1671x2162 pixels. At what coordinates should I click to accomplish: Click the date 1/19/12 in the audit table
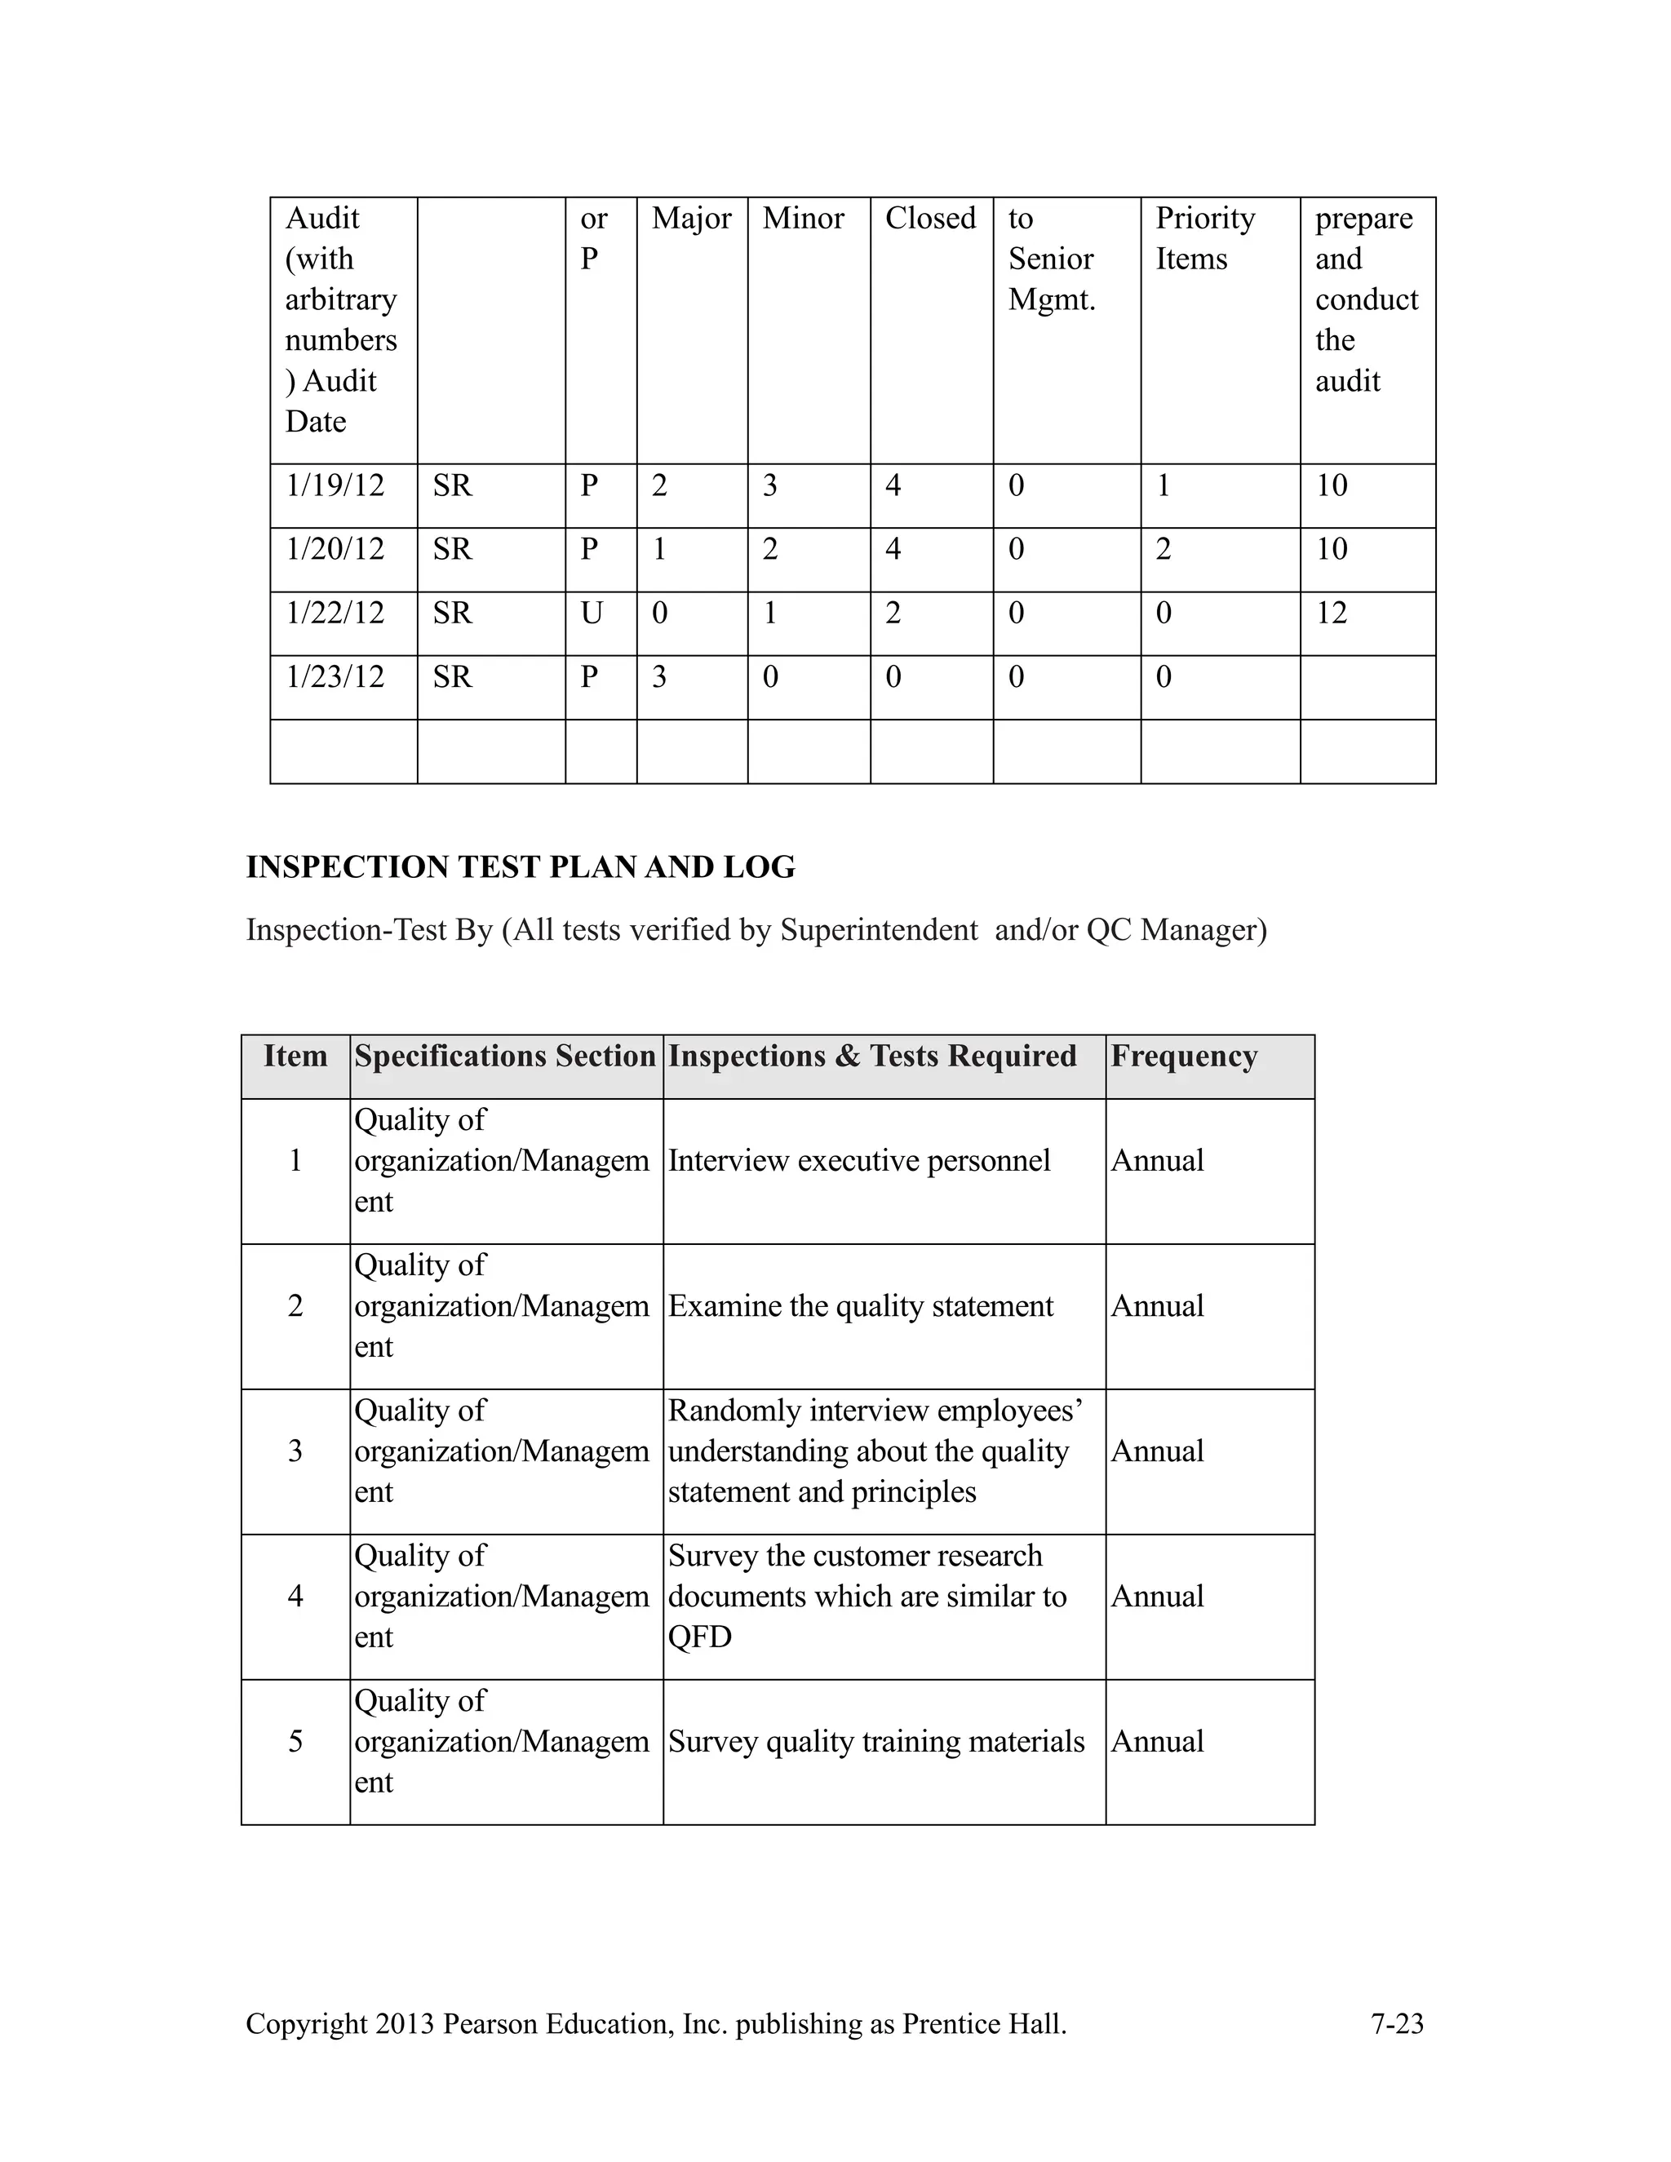point(335,486)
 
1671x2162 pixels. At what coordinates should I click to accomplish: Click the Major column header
point(691,219)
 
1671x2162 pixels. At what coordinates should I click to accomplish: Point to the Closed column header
point(929,219)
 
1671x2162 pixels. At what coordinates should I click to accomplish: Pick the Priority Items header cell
point(1205,238)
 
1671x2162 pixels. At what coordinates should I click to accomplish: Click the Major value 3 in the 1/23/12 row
point(659,678)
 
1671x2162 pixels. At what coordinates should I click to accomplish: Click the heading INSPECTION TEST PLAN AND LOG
point(520,867)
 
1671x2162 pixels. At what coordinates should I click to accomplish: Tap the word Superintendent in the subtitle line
point(878,931)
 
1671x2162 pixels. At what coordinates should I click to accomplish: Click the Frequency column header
point(1183,1057)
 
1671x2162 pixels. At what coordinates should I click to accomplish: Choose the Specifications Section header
point(505,1057)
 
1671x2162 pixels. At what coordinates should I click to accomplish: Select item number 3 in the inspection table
point(295,1451)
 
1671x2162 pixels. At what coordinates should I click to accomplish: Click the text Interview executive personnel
point(858,1161)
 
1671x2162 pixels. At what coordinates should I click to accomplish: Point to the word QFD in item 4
point(699,1637)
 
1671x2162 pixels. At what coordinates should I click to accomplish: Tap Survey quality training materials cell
point(875,1743)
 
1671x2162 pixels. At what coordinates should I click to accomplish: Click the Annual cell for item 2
point(1156,1307)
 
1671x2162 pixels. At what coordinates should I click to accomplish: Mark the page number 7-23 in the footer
point(1396,2024)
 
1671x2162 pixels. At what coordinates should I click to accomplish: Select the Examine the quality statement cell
point(859,1307)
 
